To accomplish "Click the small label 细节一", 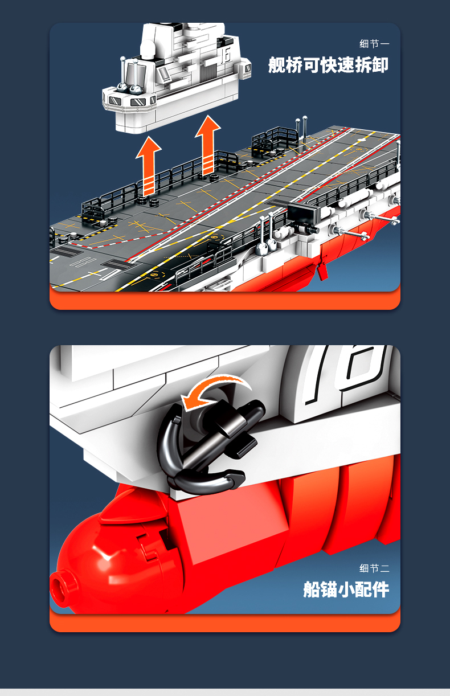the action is pyautogui.click(x=374, y=44).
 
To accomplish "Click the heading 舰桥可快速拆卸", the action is pyautogui.click(x=329, y=65).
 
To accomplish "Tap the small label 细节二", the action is pyautogui.click(x=374, y=568).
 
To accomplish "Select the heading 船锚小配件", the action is pyautogui.click(x=346, y=589).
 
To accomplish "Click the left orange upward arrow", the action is pyautogui.click(x=149, y=166).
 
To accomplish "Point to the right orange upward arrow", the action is pyautogui.click(x=208, y=145).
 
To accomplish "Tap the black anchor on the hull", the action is pyautogui.click(x=208, y=448).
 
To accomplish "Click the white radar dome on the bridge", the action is pyautogui.click(x=148, y=49).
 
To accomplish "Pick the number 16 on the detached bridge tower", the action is pyautogui.click(x=226, y=56).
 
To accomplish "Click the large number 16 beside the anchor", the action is pyautogui.click(x=345, y=373).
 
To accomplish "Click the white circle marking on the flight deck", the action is pyautogui.click(x=361, y=140).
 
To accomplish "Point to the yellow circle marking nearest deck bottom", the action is pyautogui.click(x=154, y=275).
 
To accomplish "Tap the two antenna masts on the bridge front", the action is pyautogui.click(x=130, y=75).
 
